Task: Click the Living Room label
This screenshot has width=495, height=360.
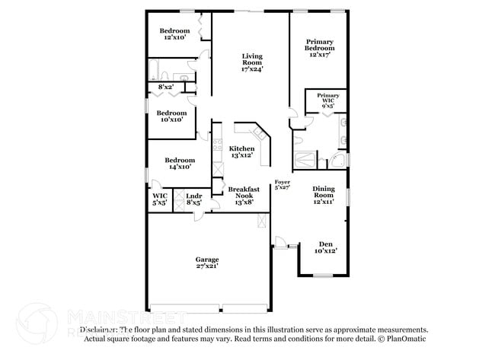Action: pyautogui.click(x=252, y=61)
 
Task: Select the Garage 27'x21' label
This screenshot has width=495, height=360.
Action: pyautogui.click(x=207, y=263)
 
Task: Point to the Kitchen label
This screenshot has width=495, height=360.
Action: pyautogui.click(x=242, y=151)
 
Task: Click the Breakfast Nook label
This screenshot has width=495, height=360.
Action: pyautogui.click(x=244, y=193)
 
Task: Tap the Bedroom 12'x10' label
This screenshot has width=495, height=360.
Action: pyautogui.click(x=174, y=34)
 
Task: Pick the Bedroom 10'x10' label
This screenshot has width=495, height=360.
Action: pyautogui.click(x=171, y=116)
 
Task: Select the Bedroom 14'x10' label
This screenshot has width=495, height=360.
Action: pyautogui.click(x=180, y=164)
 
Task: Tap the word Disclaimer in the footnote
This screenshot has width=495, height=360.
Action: pyautogui.click(x=99, y=330)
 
